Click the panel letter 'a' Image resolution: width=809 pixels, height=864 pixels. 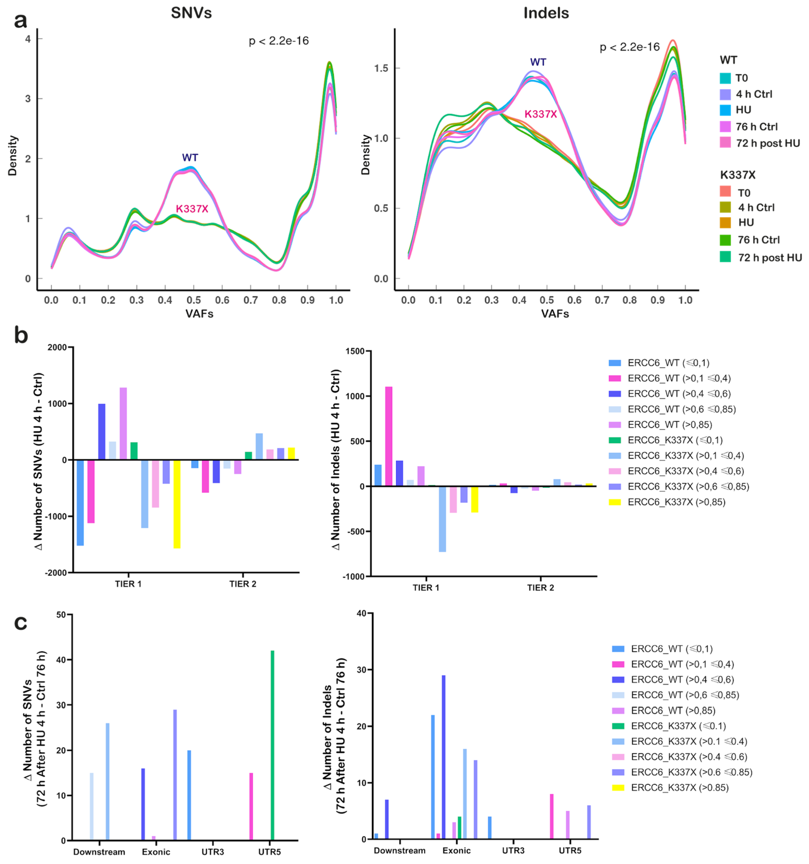(x=20, y=20)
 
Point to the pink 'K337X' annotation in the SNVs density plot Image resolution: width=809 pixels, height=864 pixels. (x=192, y=209)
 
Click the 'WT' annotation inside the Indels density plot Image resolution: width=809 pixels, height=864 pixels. (x=538, y=62)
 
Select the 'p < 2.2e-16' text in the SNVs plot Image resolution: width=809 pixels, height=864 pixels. (x=279, y=41)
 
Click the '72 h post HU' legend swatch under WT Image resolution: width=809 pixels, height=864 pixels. (x=725, y=143)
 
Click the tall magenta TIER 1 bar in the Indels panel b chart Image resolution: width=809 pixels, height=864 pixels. (x=388, y=436)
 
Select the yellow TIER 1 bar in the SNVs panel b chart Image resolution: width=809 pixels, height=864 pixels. (x=177, y=504)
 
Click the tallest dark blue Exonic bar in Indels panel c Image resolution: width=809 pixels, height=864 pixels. (x=443, y=757)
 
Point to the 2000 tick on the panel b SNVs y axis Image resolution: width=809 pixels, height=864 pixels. (x=57, y=347)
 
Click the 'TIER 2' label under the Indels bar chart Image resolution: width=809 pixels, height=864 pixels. (x=540, y=588)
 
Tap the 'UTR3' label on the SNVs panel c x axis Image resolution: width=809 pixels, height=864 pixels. (x=212, y=851)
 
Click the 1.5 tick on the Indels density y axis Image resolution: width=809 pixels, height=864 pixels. (x=381, y=68)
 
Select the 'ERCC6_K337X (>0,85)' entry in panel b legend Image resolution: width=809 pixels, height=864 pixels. (x=676, y=502)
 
